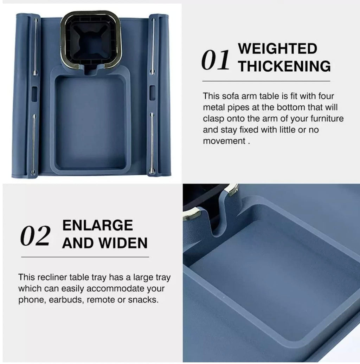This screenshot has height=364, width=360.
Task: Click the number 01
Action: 215,60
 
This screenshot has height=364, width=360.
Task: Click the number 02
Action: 35,236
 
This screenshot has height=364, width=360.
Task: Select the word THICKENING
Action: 284,66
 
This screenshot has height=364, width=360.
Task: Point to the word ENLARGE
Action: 97,225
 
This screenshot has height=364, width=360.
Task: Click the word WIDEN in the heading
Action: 123,243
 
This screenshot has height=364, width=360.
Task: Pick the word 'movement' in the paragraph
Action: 224,141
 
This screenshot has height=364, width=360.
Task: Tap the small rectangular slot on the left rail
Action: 34,94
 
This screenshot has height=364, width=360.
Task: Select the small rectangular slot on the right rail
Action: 152,93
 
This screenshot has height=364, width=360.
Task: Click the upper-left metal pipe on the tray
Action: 35,46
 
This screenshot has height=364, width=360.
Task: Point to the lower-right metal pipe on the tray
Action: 152,143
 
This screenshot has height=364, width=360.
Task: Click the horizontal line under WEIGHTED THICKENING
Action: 266,81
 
